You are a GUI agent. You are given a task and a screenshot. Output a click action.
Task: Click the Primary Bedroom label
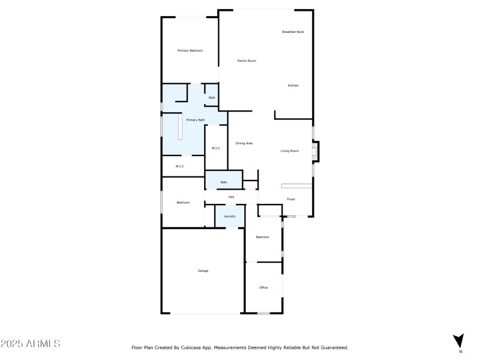click(x=190, y=51)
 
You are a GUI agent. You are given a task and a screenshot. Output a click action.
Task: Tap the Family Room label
click(x=247, y=61)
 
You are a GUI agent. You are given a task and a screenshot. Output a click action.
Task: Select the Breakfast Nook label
click(x=293, y=32)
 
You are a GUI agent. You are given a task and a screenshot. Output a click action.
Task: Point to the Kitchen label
click(x=293, y=85)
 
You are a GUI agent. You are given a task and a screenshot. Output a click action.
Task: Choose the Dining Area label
click(x=244, y=143)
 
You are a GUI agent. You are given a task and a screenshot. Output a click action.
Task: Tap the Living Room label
click(x=290, y=151)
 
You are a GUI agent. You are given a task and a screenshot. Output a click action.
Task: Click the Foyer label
click(x=290, y=199)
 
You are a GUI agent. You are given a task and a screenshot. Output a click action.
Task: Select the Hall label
click(x=230, y=197)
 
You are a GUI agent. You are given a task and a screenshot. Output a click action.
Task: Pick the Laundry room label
click(x=230, y=216)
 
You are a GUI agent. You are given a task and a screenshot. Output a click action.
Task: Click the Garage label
click(x=203, y=271)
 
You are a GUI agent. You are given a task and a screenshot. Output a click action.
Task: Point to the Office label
click(x=263, y=287)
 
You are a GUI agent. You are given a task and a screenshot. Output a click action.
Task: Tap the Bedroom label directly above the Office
click(x=263, y=237)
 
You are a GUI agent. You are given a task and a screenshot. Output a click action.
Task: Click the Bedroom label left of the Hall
click(x=183, y=202)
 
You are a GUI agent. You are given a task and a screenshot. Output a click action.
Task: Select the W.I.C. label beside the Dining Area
click(x=216, y=148)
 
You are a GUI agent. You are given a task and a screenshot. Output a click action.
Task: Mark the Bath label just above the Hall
click(x=224, y=182)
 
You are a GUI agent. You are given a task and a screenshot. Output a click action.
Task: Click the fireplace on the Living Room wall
click(x=316, y=151)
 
